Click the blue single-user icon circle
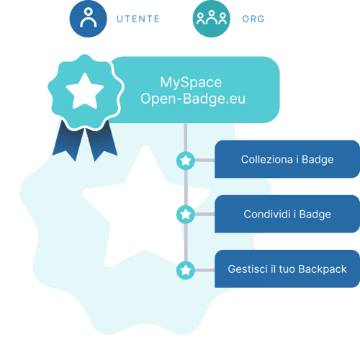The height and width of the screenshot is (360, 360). point(88,19)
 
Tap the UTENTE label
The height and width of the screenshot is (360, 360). point(138,19)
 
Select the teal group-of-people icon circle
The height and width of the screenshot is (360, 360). point(211,19)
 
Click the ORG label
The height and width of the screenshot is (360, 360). point(253,19)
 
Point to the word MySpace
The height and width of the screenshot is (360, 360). point(191,82)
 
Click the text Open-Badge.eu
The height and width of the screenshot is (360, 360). point(193,99)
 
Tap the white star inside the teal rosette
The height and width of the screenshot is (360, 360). point(85,91)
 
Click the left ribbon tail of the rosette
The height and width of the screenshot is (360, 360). point(68,141)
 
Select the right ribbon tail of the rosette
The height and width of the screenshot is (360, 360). point(102,141)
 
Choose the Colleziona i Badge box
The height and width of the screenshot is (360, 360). point(287,159)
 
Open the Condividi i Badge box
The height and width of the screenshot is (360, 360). point(287,214)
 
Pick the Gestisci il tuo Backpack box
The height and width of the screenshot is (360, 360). point(287,269)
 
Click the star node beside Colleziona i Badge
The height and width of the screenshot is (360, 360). point(186,161)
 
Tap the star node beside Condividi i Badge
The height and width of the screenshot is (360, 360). point(186,215)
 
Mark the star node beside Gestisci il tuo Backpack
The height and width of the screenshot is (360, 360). point(186,271)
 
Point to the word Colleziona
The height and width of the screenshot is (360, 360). point(267,159)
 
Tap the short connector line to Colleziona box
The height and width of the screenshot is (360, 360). point(204,160)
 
